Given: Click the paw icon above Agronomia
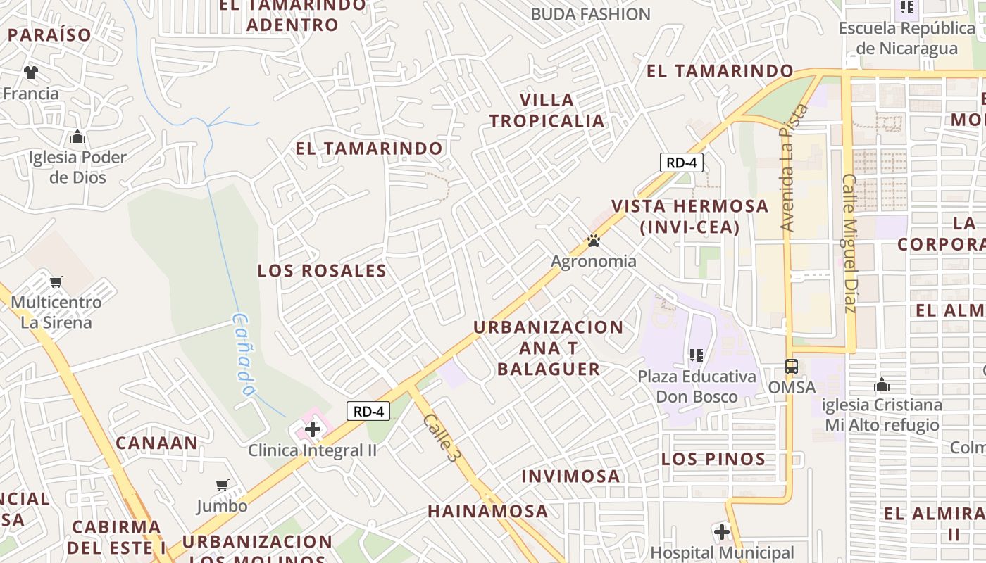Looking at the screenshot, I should click(x=594, y=241).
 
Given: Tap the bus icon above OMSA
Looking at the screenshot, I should click(x=792, y=367).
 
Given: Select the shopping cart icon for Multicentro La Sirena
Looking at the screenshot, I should click(x=56, y=281).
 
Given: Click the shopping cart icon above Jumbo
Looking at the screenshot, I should click(x=223, y=485).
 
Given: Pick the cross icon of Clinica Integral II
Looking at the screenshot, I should click(x=313, y=429).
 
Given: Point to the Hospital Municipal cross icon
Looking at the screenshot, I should click(x=722, y=532).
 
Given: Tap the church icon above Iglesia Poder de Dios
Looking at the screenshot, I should click(x=77, y=137).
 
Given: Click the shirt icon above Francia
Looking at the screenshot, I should click(x=31, y=72).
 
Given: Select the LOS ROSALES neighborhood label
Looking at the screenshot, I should click(x=322, y=271).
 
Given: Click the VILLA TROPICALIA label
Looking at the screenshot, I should click(x=547, y=110).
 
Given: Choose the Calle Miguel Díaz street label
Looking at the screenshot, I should click(x=849, y=243).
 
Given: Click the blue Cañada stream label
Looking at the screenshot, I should click(x=243, y=354).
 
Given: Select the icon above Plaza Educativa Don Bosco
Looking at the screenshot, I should click(x=697, y=355).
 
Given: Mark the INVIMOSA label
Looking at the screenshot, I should click(x=571, y=476).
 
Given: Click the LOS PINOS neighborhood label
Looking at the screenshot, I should click(x=713, y=460).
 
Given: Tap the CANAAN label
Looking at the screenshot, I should click(x=156, y=443).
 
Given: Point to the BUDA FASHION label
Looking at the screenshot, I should click(x=590, y=14).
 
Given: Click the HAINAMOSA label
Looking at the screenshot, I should click(x=488, y=512).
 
